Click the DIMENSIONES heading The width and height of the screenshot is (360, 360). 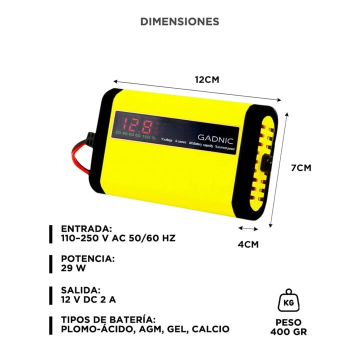[x=179, y=21]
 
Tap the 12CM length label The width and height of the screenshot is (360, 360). [x=207, y=79]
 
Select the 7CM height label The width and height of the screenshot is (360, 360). [x=301, y=168]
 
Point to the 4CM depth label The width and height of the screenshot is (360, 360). [x=247, y=244]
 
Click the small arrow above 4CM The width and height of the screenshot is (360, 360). [x=247, y=228]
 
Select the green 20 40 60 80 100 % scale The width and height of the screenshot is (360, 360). [x=135, y=134]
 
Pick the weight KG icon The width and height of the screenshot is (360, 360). [x=288, y=301]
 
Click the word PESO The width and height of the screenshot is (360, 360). [x=288, y=322]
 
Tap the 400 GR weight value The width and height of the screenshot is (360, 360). [x=288, y=332]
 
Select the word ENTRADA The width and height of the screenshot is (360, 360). [x=86, y=228]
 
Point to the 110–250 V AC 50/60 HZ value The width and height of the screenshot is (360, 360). [x=118, y=238]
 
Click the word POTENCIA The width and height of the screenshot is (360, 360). [x=88, y=259]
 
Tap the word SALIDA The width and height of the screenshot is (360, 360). [x=81, y=290]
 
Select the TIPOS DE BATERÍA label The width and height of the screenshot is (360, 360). [x=108, y=319]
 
